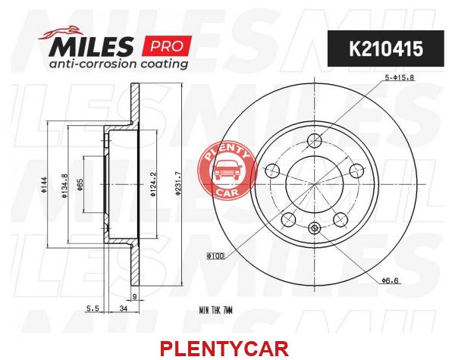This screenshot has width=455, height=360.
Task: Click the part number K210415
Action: point(386,49)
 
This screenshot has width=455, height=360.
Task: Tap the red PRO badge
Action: point(167,45)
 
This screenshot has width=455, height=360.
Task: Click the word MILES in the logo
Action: point(92,45)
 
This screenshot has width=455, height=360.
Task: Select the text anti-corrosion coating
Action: point(118,64)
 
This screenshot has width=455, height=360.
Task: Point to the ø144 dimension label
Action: point(43,185)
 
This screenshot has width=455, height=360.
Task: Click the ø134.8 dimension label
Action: point(64,186)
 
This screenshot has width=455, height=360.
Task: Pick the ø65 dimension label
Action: point(80,184)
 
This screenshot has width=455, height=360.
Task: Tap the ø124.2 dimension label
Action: point(153,184)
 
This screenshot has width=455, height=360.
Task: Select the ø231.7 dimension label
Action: point(178,184)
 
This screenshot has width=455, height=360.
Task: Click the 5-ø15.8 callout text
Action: point(399,78)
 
